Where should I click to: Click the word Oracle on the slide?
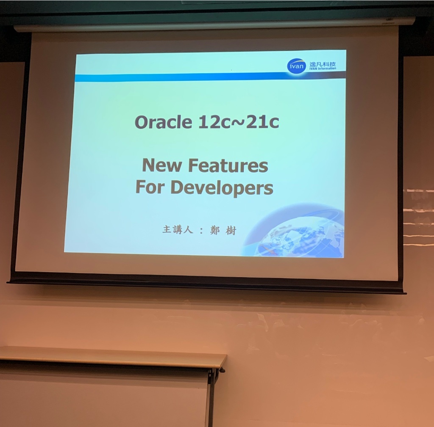click(163, 122)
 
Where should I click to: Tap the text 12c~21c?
click(239, 122)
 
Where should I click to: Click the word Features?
click(228, 165)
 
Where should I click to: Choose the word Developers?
click(222, 188)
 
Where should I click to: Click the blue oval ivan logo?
click(296, 66)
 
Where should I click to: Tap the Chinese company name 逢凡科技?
click(323, 64)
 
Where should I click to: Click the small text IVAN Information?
click(323, 69)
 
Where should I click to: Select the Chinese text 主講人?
click(178, 229)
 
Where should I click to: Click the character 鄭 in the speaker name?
click(214, 230)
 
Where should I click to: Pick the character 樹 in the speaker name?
click(231, 230)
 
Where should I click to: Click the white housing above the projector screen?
click(214, 24)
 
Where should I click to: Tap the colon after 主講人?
click(201, 231)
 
